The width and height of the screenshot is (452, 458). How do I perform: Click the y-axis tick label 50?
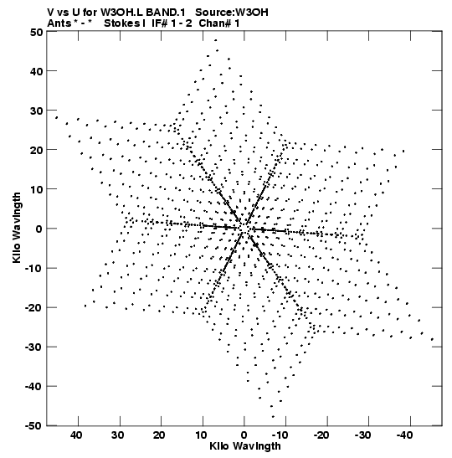36,32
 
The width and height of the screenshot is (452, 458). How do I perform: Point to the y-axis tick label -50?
33,426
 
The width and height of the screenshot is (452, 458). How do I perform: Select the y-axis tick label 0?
39,229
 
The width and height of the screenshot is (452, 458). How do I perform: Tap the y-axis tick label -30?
33,347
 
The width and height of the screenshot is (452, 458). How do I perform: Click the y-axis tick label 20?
36,150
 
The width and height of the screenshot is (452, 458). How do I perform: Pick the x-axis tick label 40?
77,435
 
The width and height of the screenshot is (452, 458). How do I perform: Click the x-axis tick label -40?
404,435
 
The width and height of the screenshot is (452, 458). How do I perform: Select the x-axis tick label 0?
244,435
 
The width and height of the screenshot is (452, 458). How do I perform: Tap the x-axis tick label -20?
321,435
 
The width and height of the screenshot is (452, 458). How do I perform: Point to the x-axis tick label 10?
201,435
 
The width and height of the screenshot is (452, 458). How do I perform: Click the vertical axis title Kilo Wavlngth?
17,228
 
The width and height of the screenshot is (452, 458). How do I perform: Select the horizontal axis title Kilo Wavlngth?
245,446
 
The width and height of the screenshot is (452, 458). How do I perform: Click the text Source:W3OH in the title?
232,13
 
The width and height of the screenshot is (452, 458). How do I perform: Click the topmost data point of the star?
215,40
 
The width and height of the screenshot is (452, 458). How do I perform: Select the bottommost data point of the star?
273,417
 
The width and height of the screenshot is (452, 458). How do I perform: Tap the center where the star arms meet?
244,228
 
